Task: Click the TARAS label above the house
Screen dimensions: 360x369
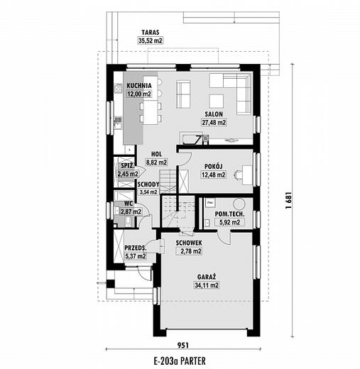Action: coord(151,32)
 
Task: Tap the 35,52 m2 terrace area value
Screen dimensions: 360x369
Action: coord(151,40)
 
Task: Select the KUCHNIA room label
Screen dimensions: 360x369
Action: coord(139,85)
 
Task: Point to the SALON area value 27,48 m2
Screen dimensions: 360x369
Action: coord(214,122)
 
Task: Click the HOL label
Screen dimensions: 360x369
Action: coord(156,154)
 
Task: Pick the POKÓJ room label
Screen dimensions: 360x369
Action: coord(214,166)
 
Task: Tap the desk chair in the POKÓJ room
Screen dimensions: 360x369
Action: coord(237,175)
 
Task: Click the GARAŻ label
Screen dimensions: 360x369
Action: coord(207,277)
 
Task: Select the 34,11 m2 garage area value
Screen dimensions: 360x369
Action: coord(207,285)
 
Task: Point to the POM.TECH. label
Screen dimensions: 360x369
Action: coord(229,214)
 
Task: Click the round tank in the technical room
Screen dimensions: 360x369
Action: coord(239,204)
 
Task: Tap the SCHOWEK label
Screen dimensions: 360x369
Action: coord(189,243)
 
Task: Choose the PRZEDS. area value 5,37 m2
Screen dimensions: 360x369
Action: coord(135,256)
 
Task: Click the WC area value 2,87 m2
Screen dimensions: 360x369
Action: coord(131,211)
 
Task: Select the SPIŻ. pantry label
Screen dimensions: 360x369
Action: coord(128,165)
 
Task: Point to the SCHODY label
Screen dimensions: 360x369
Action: coord(148,184)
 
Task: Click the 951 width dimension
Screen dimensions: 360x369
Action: coord(183,346)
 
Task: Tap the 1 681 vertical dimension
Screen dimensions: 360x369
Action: coord(289,200)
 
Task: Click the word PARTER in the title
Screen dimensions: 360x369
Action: coord(195,361)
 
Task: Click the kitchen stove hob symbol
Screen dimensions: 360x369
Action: coord(118,89)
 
